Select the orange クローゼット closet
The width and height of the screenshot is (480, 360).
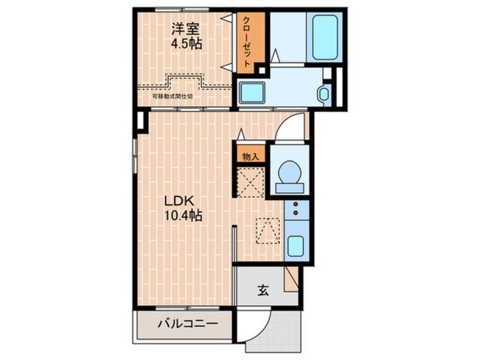[250, 41]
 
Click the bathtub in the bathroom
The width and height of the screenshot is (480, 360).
[325, 37]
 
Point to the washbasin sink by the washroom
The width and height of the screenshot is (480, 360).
[252, 93]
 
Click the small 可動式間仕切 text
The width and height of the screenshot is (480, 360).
[172, 96]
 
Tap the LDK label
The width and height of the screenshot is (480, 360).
[180, 200]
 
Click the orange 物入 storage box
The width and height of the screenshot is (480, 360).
[250, 156]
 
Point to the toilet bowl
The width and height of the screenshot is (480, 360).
[290, 172]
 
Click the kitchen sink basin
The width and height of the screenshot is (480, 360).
[296, 246]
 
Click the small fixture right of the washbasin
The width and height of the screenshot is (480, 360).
[324, 93]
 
